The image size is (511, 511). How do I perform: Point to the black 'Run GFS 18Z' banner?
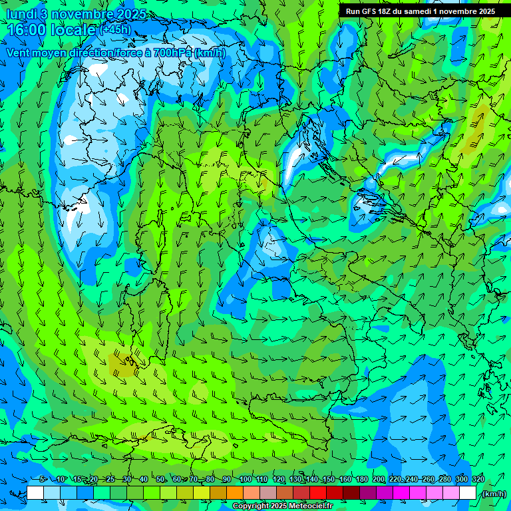coord(420,11)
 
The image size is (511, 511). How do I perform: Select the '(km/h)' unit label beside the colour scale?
coord(492,494)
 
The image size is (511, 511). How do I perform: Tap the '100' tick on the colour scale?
coord(245,480)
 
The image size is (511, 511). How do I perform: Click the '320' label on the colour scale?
coord(478,480)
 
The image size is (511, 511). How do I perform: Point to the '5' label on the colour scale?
coord(43,480)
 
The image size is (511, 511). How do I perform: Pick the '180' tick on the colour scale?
coord(361,480)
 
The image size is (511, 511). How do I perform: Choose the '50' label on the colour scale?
coord(160,480)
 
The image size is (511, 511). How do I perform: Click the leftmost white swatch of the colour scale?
coord(35,493)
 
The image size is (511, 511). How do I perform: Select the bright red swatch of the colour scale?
coord(318,493)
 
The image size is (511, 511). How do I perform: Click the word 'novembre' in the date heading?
coord(87,14)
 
